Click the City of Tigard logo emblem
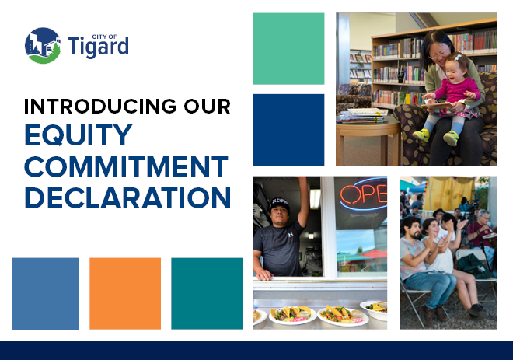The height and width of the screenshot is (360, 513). click(42, 46)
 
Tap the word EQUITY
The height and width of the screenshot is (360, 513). click(79, 136)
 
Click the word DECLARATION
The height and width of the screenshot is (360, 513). click(127, 197)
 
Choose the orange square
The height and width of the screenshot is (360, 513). click(125, 293)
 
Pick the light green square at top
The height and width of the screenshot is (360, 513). click(288, 48)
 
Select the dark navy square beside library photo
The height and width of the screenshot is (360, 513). click(288, 129)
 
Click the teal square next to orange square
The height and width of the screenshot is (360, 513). click(207, 293)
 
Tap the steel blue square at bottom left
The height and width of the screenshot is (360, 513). click(45, 293)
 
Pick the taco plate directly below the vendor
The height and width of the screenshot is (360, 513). click(291, 314)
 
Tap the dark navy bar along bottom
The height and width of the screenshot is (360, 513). click(256, 350)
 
